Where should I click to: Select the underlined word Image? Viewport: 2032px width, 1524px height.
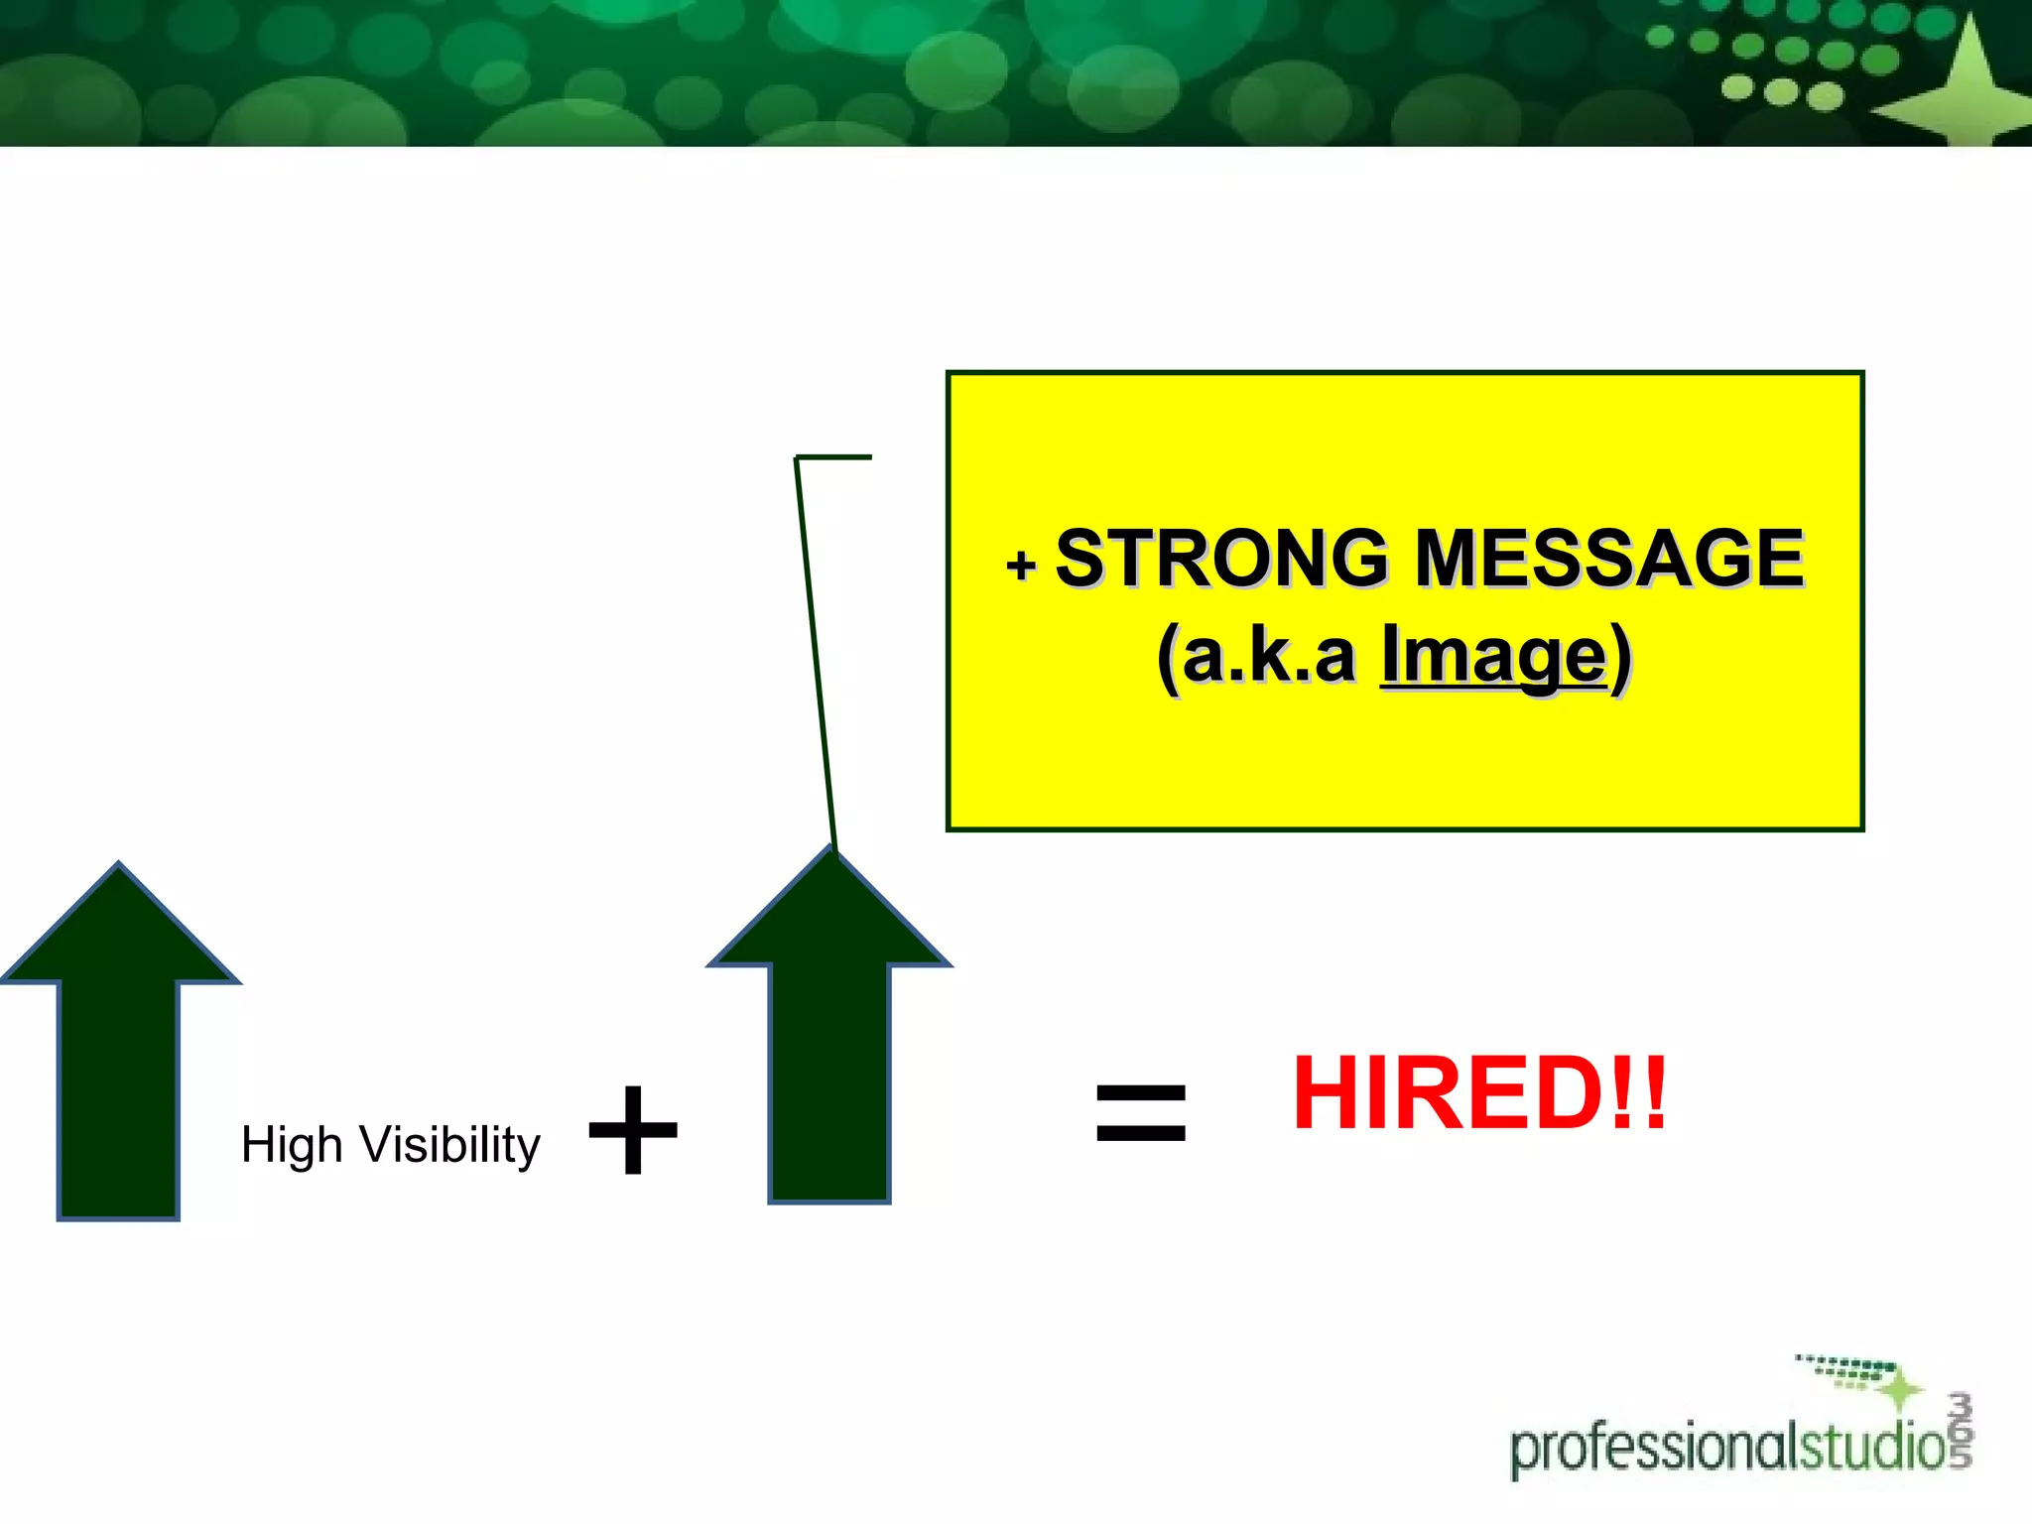click(x=1493, y=655)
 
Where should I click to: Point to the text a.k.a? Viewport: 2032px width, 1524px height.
click(x=1269, y=657)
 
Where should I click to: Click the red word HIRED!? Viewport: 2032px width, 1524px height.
click(x=1479, y=1093)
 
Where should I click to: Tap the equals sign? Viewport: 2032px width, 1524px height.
click(x=1141, y=1112)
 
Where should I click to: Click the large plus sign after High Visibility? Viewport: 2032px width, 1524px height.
click(x=633, y=1130)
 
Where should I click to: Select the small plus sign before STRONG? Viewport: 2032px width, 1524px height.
click(x=1021, y=566)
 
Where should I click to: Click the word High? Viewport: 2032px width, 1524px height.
click(x=292, y=1146)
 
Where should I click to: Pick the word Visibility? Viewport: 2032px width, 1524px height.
click(x=450, y=1146)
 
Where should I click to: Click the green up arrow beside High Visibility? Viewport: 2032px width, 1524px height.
click(x=119, y=1042)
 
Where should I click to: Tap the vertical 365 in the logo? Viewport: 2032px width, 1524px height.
click(x=1960, y=1429)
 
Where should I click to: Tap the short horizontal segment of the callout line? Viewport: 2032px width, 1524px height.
click(x=833, y=457)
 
